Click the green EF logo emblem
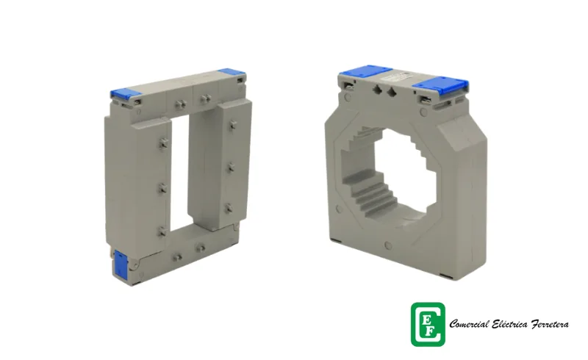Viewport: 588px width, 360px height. pos(428,325)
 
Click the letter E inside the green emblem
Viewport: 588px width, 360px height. pos(426,320)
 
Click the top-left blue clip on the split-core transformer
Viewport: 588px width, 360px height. pos(125,94)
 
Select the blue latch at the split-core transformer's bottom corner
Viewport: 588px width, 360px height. pos(121,264)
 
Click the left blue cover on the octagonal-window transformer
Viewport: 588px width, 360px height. pos(365,71)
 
